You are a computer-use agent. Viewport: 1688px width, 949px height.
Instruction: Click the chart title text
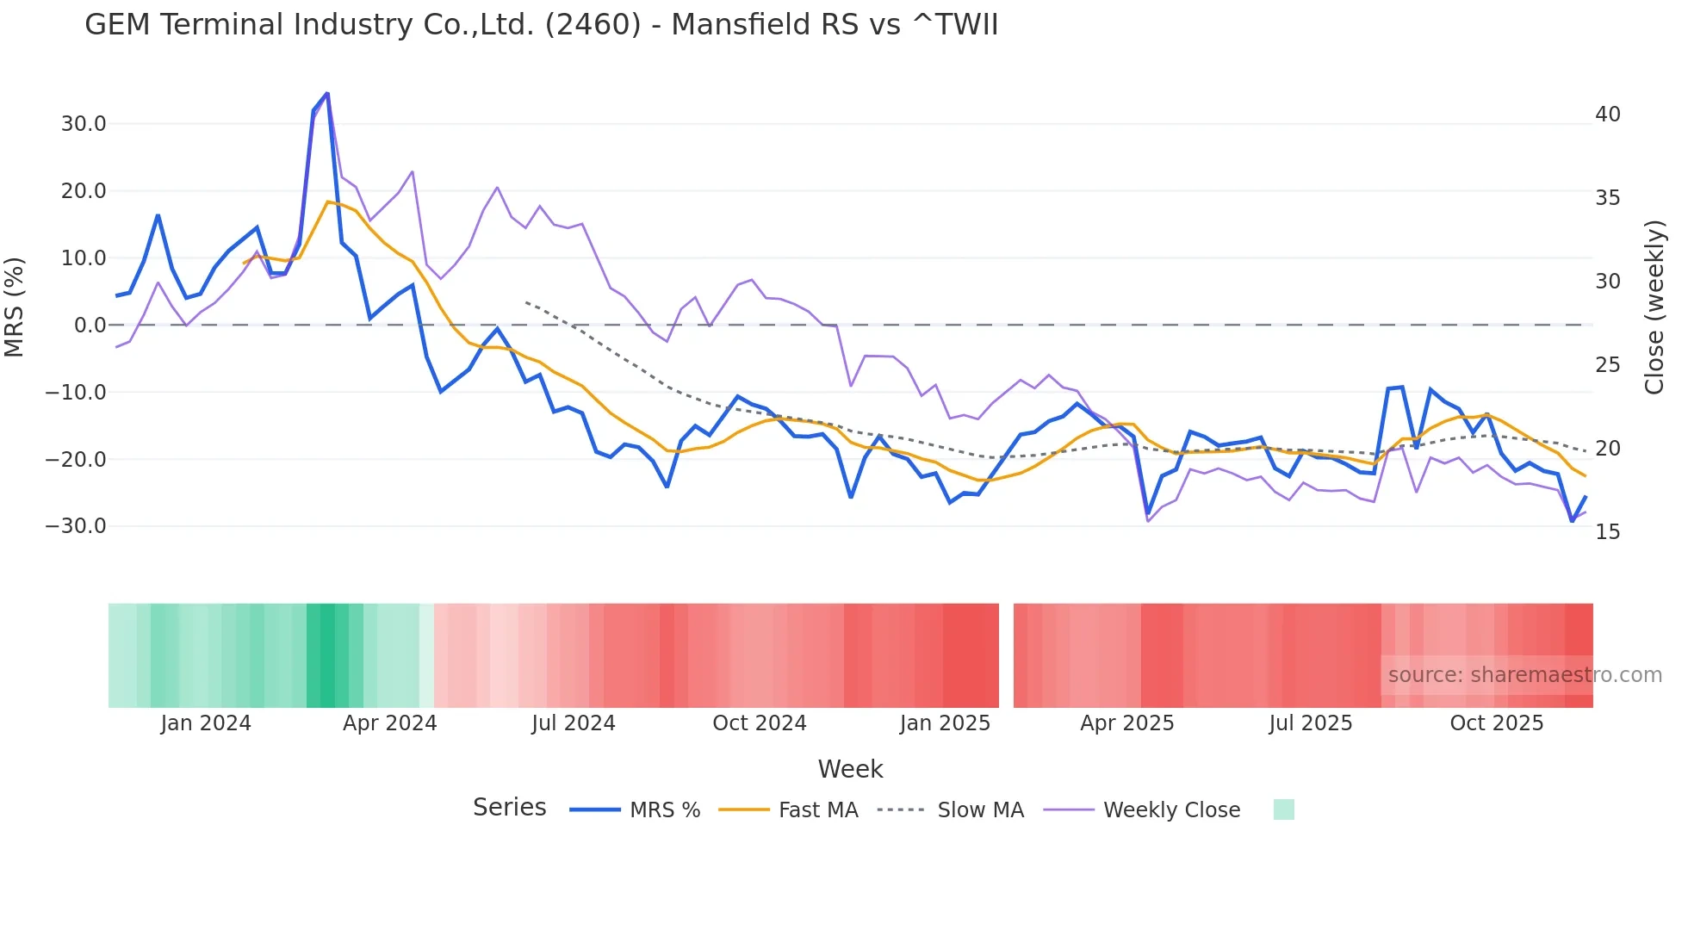pos(541,25)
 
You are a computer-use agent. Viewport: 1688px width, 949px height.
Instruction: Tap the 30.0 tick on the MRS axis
pos(84,124)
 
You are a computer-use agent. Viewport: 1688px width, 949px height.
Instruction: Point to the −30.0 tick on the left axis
pos(77,526)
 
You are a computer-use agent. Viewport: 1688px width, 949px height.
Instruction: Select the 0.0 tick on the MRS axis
pos(90,326)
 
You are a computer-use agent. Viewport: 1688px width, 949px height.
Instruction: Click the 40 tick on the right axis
pos(1607,115)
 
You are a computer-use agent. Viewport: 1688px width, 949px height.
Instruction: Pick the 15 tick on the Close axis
pos(1607,532)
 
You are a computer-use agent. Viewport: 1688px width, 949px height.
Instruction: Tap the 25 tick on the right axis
pos(1607,365)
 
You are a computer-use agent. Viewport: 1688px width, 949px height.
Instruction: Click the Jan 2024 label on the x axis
pos(206,723)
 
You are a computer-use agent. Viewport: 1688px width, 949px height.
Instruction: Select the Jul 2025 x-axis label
pos(1310,723)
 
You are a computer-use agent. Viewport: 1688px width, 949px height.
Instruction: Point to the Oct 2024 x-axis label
pos(759,723)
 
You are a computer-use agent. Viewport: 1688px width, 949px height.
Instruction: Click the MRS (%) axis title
pos(14,307)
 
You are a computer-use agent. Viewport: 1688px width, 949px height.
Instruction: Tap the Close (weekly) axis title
pos(1654,307)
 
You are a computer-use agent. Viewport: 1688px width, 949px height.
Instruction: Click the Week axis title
pos(850,769)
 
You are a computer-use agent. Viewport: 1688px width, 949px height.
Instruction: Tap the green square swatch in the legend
pos(1283,809)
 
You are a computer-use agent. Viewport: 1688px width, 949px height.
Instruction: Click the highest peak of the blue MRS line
pos(327,93)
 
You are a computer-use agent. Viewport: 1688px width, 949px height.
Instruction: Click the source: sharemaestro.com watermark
pos(1524,675)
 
